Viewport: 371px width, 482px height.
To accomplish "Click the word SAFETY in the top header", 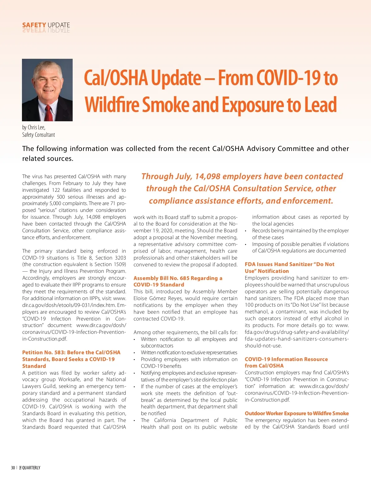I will [34, 25].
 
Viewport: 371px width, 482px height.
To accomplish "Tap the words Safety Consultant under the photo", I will [38, 135].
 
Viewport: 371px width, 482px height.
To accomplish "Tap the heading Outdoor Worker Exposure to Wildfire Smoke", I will [296, 413].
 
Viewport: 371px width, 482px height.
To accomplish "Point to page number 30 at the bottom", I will [13, 468].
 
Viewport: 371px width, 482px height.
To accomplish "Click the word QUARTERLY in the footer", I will [31, 468].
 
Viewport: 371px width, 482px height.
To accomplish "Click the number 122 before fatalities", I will [56, 190].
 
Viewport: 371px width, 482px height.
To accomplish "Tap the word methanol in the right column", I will [256, 312].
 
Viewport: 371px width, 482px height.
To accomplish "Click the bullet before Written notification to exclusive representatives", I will [134, 353].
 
